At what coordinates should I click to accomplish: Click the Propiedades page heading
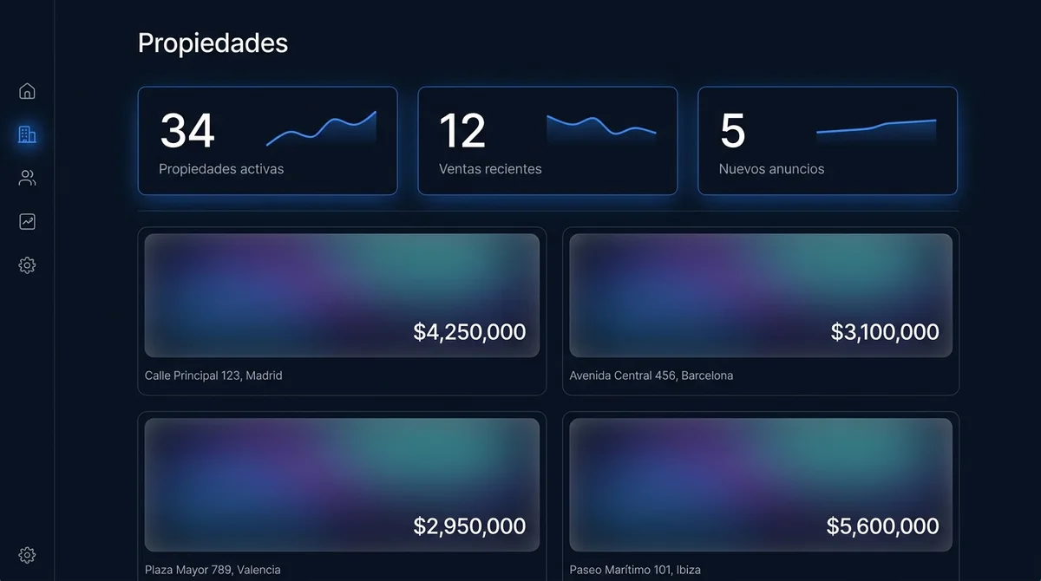click(213, 43)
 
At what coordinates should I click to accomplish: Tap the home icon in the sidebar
click(27, 91)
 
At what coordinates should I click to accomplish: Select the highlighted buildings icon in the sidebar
click(27, 134)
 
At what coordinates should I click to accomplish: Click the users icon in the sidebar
click(27, 178)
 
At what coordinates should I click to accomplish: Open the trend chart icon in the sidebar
click(27, 221)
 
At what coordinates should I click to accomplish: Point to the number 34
click(187, 130)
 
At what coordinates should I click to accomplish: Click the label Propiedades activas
click(221, 168)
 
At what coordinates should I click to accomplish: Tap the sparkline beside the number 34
click(321, 128)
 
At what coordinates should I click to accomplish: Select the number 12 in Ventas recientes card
click(462, 130)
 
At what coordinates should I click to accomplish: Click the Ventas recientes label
click(490, 168)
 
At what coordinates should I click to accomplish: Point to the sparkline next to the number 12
click(601, 126)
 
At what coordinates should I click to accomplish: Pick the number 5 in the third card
click(733, 130)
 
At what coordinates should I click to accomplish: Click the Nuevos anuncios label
click(771, 168)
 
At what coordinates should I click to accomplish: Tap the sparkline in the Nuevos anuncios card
click(876, 127)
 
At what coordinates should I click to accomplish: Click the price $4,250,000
click(469, 331)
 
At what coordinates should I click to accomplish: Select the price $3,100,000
click(885, 331)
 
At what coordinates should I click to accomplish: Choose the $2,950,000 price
click(469, 526)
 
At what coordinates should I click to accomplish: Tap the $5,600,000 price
click(882, 526)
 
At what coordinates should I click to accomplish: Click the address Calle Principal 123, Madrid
click(213, 375)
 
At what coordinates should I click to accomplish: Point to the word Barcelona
click(707, 375)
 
